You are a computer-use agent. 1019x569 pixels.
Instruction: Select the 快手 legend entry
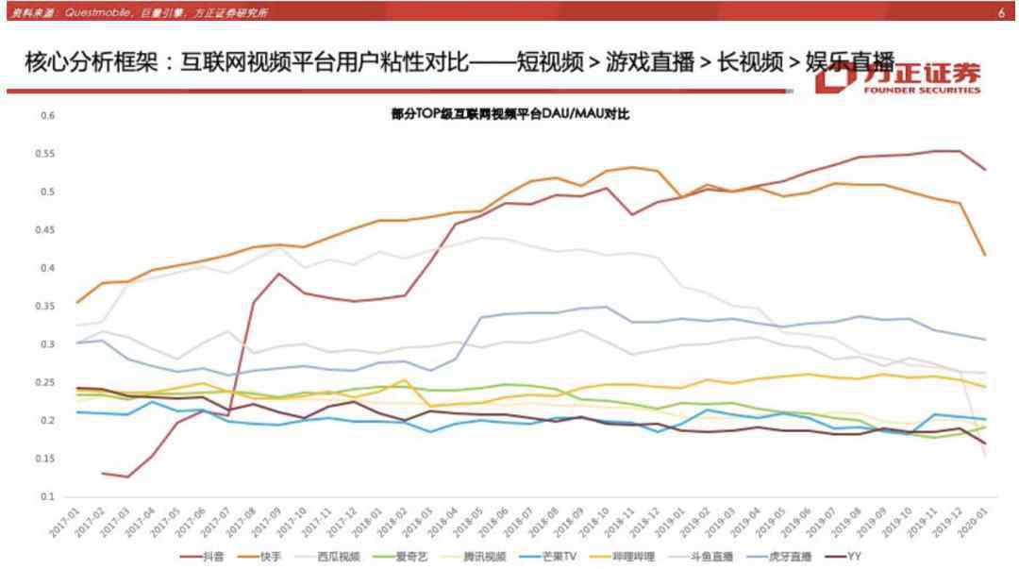click(271, 557)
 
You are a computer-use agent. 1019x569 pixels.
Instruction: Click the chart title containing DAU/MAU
click(509, 114)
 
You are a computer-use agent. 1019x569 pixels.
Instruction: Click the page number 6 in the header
click(1001, 13)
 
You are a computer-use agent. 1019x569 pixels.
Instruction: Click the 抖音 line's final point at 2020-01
click(985, 170)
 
